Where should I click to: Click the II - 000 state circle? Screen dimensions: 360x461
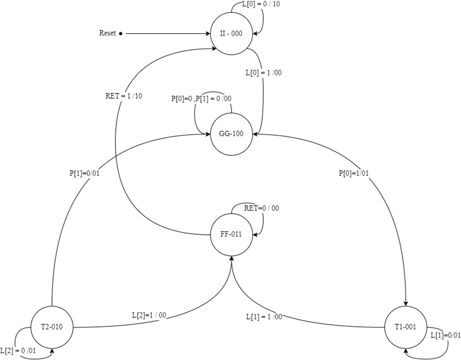[x=232, y=33]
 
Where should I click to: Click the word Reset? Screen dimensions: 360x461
[x=108, y=33]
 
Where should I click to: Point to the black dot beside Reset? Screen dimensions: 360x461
[x=121, y=33]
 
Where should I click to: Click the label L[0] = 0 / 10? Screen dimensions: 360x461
[x=262, y=4]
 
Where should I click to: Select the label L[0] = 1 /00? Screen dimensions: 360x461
[x=264, y=73]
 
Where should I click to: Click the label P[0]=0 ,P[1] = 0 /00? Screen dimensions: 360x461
[x=201, y=99]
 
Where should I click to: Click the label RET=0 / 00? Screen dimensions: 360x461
[x=262, y=208]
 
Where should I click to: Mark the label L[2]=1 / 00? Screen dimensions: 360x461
[x=149, y=315]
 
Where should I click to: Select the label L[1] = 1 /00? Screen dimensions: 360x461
[x=264, y=317]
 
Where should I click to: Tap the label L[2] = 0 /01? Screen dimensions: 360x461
[x=18, y=351]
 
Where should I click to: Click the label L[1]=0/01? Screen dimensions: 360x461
[x=445, y=335]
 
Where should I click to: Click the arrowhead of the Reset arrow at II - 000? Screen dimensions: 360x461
[x=208, y=33]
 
